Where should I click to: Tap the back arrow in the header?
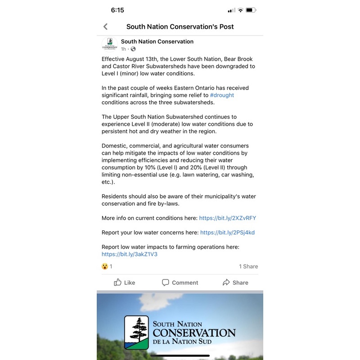click(106, 27)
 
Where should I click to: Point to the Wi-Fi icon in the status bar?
click(241, 10)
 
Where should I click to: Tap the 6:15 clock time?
click(117, 10)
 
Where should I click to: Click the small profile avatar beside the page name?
click(110, 45)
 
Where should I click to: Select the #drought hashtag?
click(222, 95)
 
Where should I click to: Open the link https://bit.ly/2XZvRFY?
click(228, 218)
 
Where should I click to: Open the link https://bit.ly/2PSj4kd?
click(227, 233)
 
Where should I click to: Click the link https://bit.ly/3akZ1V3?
click(130, 254)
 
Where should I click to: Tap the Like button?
click(125, 283)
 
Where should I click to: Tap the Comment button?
click(180, 283)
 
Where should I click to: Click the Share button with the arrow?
click(235, 283)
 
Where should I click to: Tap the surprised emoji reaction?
click(105, 266)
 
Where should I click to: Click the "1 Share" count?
click(248, 266)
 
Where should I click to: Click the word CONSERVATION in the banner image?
click(194, 333)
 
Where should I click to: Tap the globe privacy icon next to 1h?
click(133, 49)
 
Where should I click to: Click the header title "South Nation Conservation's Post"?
click(180, 27)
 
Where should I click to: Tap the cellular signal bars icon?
click(231, 10)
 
